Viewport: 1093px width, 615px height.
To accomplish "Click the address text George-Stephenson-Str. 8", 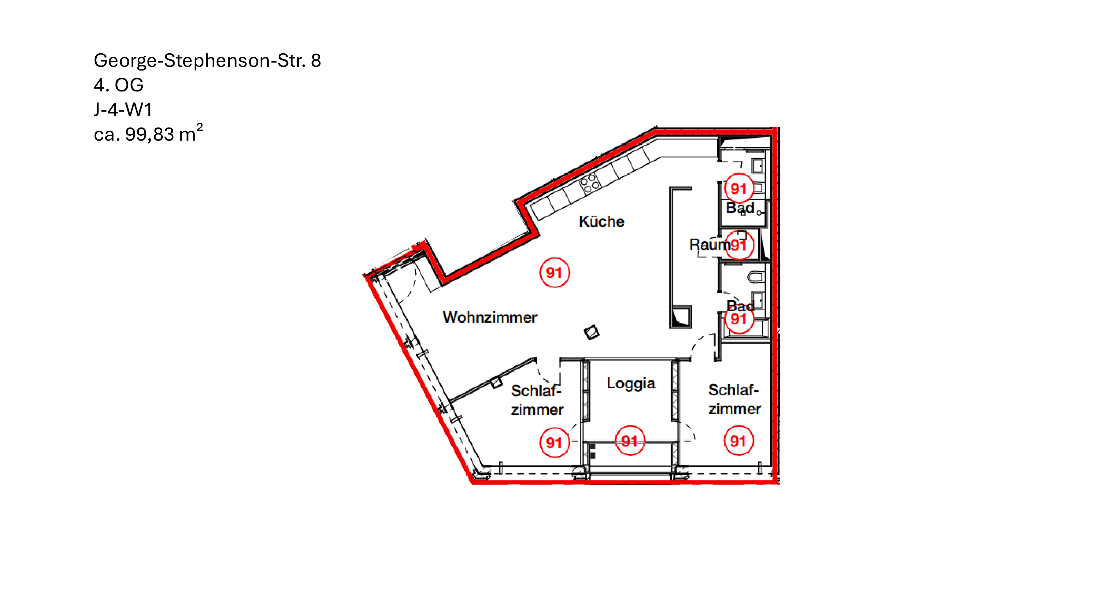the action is [x=207, y=61].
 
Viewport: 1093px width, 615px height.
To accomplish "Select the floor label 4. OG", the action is [x=118, y=85].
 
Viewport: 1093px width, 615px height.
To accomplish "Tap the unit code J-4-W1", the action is [x=123, y=109].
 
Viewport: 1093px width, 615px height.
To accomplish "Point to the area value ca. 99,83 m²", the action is [x=148, y=133].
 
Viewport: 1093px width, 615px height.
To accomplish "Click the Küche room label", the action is [x=601, y=221].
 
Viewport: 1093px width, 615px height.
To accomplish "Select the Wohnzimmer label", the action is [x=490, y=317].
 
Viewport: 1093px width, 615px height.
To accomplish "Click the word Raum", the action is [x=709, y=244].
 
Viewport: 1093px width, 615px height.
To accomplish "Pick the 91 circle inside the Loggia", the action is [x=629, y=441].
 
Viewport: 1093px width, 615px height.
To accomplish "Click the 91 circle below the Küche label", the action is [x=554, y=273].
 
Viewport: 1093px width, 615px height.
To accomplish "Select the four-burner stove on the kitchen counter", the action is [x=589, y=184].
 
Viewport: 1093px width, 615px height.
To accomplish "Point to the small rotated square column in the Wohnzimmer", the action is [x=591, y=333].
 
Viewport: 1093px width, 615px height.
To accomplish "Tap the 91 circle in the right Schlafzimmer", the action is [x=738, y=441].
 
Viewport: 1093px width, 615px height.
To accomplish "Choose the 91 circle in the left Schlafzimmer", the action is [x=554, y=442].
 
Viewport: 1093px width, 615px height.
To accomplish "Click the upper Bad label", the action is [x=740, y=208].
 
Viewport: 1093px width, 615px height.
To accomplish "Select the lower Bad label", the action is [x=741, y=306].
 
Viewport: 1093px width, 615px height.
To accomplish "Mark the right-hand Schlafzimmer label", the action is [x=734, y=399].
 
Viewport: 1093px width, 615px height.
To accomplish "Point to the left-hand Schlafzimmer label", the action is [x=537, y=400].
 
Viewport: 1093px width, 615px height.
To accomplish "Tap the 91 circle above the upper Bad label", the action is [x=739, y=189].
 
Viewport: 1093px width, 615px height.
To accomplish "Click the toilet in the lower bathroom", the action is [x=756, y=278].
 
